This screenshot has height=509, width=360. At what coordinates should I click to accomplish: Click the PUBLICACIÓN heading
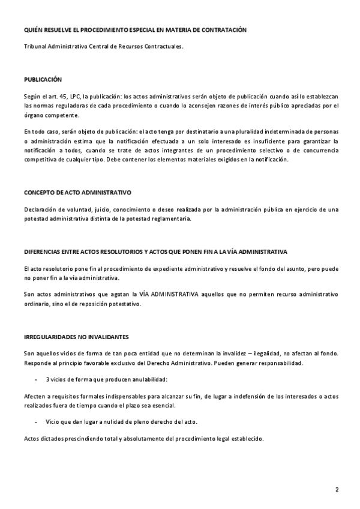click(43, 79)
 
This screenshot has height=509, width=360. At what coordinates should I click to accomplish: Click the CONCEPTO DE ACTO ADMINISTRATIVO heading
click(77, 193)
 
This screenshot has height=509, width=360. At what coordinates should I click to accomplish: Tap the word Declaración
click(41, 209)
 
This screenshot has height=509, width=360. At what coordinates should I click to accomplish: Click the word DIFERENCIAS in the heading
click(45, 251)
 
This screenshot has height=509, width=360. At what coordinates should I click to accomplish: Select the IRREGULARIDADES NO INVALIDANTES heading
click(76, 337)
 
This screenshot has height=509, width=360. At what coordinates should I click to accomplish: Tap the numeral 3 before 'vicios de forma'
click(47, 379)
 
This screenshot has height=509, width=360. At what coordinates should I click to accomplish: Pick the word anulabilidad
click(146, 379)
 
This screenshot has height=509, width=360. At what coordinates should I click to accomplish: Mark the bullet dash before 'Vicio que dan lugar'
click(37, 422)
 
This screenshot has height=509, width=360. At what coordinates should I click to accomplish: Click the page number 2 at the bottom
click(337, 489)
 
